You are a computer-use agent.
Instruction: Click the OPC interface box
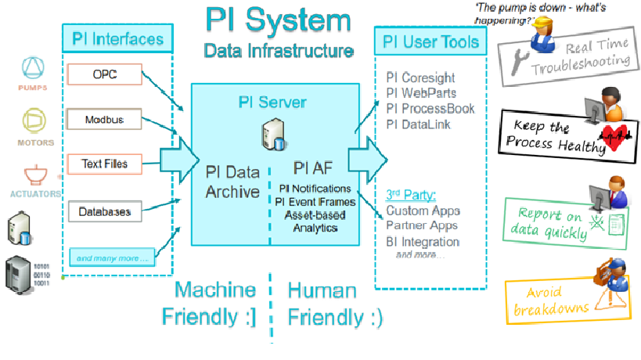(x=104, y=75)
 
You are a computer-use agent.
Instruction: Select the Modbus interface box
(x=104, y=120)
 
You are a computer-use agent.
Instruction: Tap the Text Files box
(x=104, y=164)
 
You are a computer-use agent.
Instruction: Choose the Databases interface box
(x=104, y=211)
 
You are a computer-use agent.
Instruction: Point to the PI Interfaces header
(x=117, y=38)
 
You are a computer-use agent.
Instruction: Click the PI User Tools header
(x=430, y=41)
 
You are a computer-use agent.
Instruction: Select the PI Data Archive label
(x=232, y=181)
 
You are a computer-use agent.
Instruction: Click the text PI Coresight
(x=420, y=78)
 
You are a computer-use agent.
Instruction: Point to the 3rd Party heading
(x=410, y=194)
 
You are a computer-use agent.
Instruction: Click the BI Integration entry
(x=423, y=242)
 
